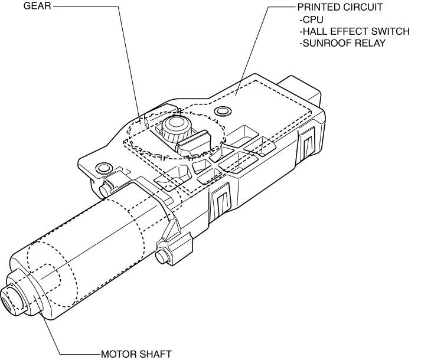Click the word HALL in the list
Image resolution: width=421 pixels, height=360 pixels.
(x=315, y=31)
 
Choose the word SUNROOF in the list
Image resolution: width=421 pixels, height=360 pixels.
(x=326, y=43)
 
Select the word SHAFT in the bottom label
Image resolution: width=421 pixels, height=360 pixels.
(x=155, y=354)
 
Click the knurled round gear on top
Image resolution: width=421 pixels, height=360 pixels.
(x=175, y=127)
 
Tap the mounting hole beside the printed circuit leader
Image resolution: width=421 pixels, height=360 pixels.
(x=223, y=111)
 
